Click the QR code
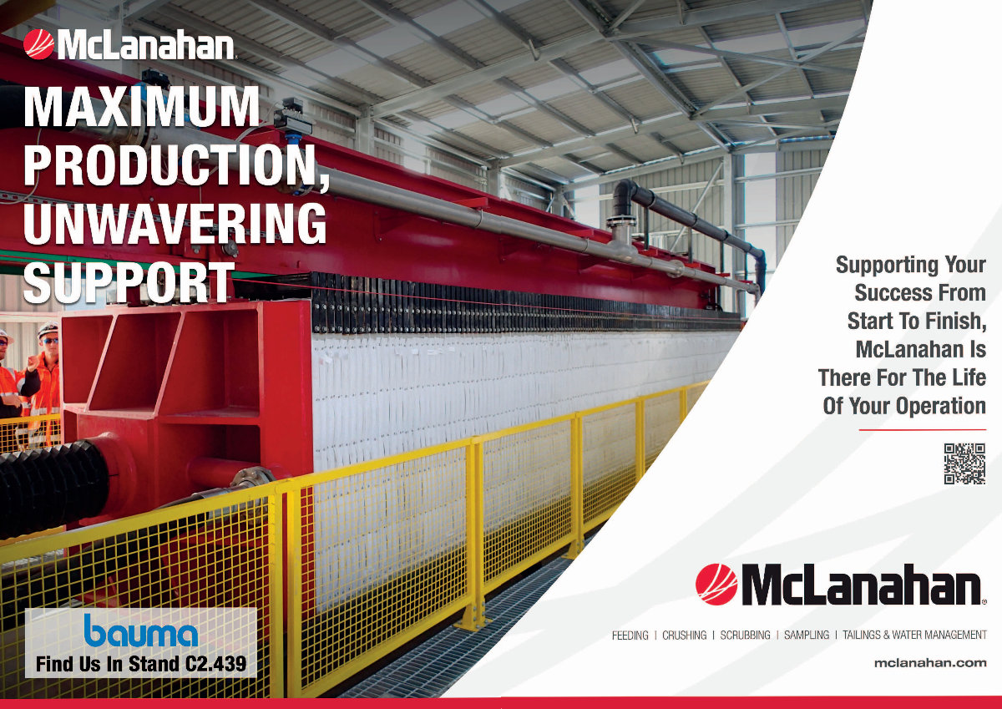[964, 463]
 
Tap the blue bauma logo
[141, 631]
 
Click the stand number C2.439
[215, 664]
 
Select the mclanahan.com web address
[930, 662]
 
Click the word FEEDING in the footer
[630, 636]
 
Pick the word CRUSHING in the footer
[685, 636]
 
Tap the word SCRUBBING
[745, 636]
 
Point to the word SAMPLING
[807, 636]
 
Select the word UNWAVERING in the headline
[175, 224]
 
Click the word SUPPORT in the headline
[129, 282]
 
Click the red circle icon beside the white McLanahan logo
[39, 44]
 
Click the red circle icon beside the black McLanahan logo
[716, 585]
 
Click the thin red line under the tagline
[923, 430]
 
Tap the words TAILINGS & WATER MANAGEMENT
[915, 636]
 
